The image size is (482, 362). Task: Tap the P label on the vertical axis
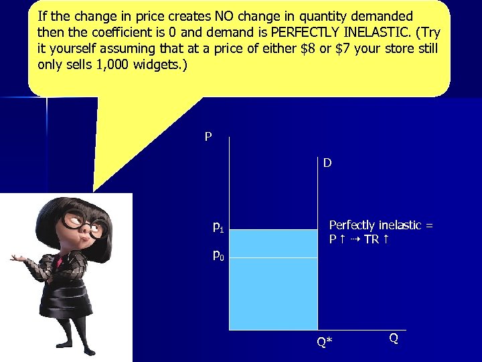(x=208, y=137)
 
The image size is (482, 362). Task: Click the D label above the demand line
(x=327, y=163)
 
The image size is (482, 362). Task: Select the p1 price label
(x=218, y=227)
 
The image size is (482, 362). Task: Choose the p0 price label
(x=218, y=255)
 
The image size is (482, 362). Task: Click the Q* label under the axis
(x=324, y=343)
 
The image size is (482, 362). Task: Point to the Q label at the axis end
(x=394, y=339)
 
